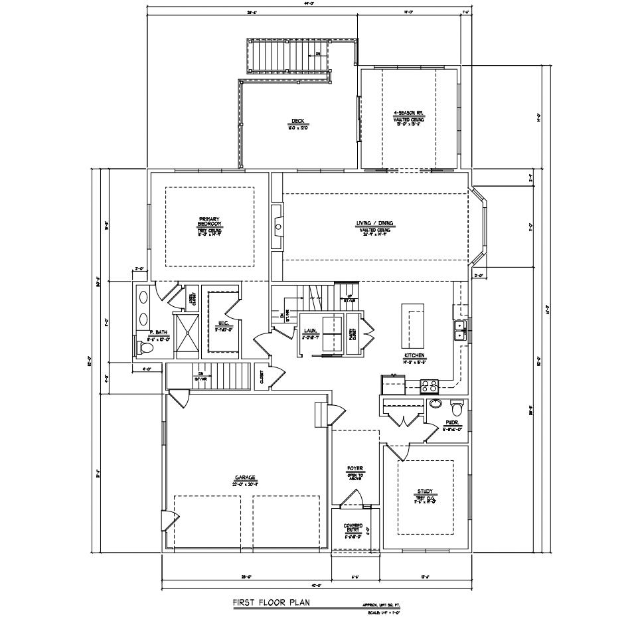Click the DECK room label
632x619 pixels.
pyautogui.click(x=298, y=122)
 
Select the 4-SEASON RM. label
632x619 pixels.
pyautogui.click(x=408, y=114)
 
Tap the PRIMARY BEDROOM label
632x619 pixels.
pyautogui.click(x=209, y=222)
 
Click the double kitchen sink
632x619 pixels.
pyautogui.click(x=459, y=330)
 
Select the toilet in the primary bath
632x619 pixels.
pyautogui.click(x=147, y=347)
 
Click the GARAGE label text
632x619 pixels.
pyautogui.click(x=244, y=477)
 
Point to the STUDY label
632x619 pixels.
pyautogui.click(x=424, y=492)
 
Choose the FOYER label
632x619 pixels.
pyautogui.click(x=355, y=469)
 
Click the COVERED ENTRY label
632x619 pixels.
pyautogui.click(x=353, y=528)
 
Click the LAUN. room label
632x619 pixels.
pyautogui.click(x=309, y=330)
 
